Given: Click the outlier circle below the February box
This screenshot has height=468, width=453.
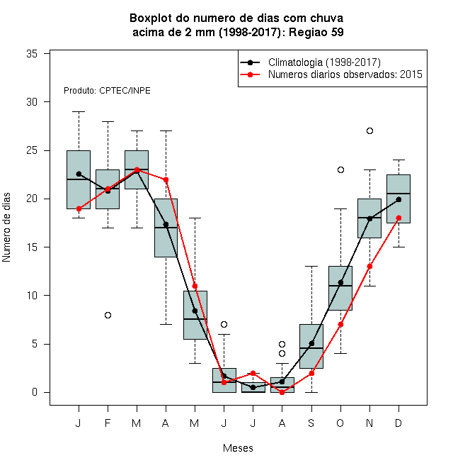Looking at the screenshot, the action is coord(108,315).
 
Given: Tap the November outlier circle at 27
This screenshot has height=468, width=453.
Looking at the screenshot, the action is coord(369,130).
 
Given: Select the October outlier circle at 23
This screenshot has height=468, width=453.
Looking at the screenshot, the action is coord(340,170).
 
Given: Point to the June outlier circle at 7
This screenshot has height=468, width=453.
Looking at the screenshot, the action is coord(224,324).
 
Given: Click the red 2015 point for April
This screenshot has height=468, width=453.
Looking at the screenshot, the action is coord(166,179).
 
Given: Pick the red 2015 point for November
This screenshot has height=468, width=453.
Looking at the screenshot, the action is coord(369,266).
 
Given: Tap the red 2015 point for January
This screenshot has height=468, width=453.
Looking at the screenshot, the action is coord(79,208).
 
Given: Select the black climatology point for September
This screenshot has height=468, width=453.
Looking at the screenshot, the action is coord(311,343).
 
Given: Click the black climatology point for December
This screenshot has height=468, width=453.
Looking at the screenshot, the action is coord(398,199).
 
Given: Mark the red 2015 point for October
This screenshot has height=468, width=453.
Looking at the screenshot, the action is coord(340,325).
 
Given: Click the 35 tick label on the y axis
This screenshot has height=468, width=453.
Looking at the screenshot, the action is coord(32,54).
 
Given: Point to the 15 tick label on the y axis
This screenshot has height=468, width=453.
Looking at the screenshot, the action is coord(32,247).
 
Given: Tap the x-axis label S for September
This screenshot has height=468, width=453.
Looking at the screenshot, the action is coord(311,423).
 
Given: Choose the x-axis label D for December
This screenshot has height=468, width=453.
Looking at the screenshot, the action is coord(398,423).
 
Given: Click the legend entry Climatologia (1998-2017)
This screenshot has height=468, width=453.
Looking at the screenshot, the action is coord(324,62).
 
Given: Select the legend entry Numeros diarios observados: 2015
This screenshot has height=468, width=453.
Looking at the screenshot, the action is coord(345,74).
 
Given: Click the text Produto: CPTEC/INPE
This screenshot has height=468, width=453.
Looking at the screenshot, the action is coord(107,91).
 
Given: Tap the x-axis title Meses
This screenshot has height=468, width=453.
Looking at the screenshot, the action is coord(238,448).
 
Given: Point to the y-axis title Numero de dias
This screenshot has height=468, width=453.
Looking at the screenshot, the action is coord(6,228).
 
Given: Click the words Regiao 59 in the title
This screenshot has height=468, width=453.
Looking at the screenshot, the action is coord(316,32).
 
